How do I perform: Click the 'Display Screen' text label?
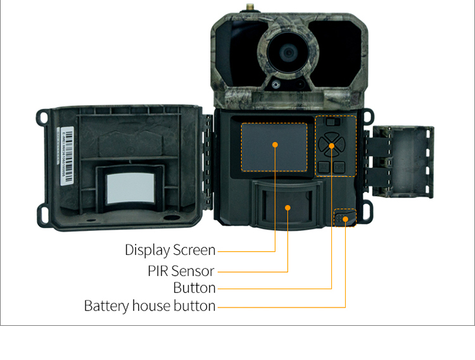(170, 251)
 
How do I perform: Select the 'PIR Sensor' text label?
(181, 271)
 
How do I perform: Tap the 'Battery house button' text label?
(149, 306)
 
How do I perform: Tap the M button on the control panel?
(324, 168)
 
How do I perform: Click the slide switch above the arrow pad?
(334, 121)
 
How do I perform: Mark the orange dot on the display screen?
(275, 145)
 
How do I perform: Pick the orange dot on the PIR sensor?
(288, 207)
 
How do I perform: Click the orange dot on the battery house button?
(346, 218)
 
